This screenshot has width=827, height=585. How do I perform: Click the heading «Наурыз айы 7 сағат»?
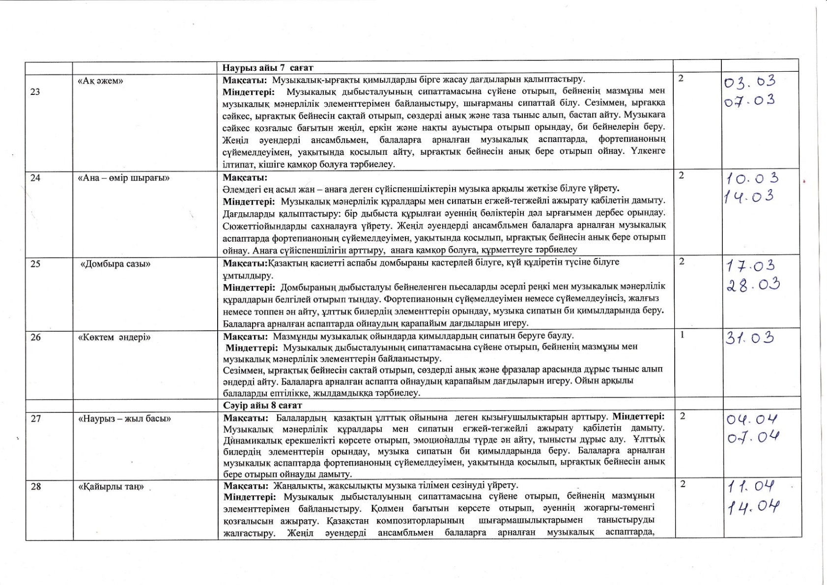tap(268, 68)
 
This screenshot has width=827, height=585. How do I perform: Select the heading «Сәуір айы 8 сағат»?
tap(262, 405)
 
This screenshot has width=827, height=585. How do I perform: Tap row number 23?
tap(35, 91)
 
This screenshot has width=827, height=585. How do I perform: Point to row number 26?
tap(35, 337)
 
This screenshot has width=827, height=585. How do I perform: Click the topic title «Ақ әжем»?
tap(100, 81)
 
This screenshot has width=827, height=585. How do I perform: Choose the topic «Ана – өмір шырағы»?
tap(124, 177)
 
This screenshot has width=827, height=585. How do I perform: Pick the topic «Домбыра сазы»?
tap(115, 264)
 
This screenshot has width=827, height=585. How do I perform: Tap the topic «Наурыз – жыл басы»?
tap(124, 418)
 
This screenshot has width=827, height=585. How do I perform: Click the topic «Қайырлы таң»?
tap(111, 487)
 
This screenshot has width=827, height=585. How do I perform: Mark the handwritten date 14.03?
tap(748, 197)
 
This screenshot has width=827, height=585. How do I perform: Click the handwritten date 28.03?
tap(753, 285)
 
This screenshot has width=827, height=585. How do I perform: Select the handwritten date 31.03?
tap(750, 338)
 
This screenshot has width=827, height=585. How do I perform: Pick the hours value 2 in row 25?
tap(682, 262)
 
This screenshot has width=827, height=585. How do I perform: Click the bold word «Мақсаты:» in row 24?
tap(245, 177)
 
